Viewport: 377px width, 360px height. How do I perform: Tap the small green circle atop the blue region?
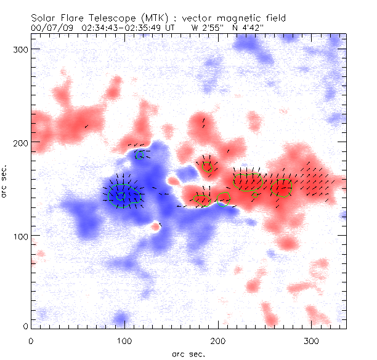[x=140, y=154]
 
